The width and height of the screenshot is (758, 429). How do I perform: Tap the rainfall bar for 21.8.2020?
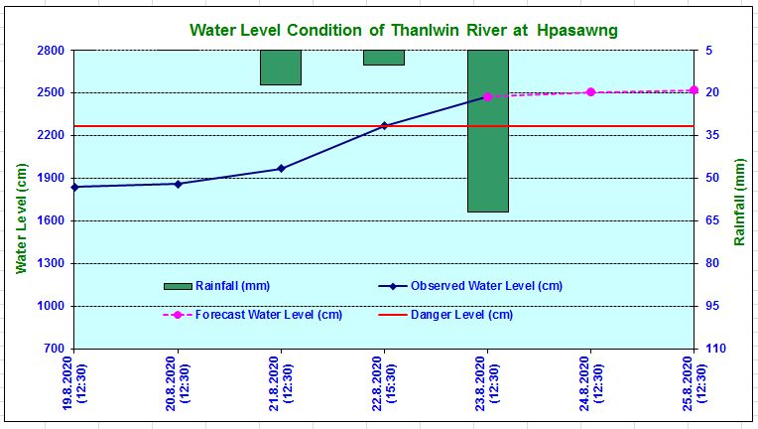[281, 68]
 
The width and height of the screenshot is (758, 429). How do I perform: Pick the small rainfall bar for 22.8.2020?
[384, 58]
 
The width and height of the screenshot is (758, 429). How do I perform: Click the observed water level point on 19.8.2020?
[74, 187]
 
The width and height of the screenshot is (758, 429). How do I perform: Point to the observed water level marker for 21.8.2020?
[281, 168]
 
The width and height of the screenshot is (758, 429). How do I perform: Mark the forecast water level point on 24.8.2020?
[590, 92]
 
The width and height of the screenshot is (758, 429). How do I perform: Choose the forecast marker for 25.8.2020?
[694, 90]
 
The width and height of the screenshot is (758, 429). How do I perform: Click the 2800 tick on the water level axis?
[52, 51]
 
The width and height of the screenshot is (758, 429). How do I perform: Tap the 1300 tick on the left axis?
[52, 264]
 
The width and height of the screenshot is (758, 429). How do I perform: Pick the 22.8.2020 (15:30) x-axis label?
[384, 387]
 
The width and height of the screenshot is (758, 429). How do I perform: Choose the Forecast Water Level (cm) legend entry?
[258, 315]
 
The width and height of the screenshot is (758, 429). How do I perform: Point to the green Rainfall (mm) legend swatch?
[178, 286]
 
